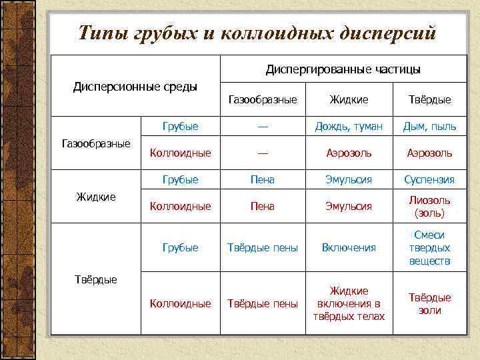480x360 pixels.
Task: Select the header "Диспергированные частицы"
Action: (343, 69)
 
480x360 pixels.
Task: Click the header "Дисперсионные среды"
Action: (135, 87)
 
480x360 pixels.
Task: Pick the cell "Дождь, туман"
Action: (349, 126)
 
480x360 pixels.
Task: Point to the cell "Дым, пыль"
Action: (429, 126)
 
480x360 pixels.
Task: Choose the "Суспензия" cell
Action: (429, 179)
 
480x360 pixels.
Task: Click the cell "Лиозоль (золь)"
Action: (429, 207)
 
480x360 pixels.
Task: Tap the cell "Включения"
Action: (349, 247)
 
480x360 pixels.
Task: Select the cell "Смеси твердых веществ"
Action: (429, 247)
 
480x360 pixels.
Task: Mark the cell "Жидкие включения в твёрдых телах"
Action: (349, 303)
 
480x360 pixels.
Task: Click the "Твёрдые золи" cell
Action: (429, 303)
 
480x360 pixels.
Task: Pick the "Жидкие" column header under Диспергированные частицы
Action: (349, 99)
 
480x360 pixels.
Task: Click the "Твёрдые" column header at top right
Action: (429, 99)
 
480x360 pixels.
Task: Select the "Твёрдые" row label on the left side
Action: (95, 279)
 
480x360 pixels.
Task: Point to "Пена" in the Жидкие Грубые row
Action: (263, 179)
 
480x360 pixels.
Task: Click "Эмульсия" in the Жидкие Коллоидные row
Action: (349, 207)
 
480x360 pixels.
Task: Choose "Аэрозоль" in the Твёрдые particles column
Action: (429, 153)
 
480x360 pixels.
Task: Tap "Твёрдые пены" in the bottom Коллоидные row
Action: (263, 303)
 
